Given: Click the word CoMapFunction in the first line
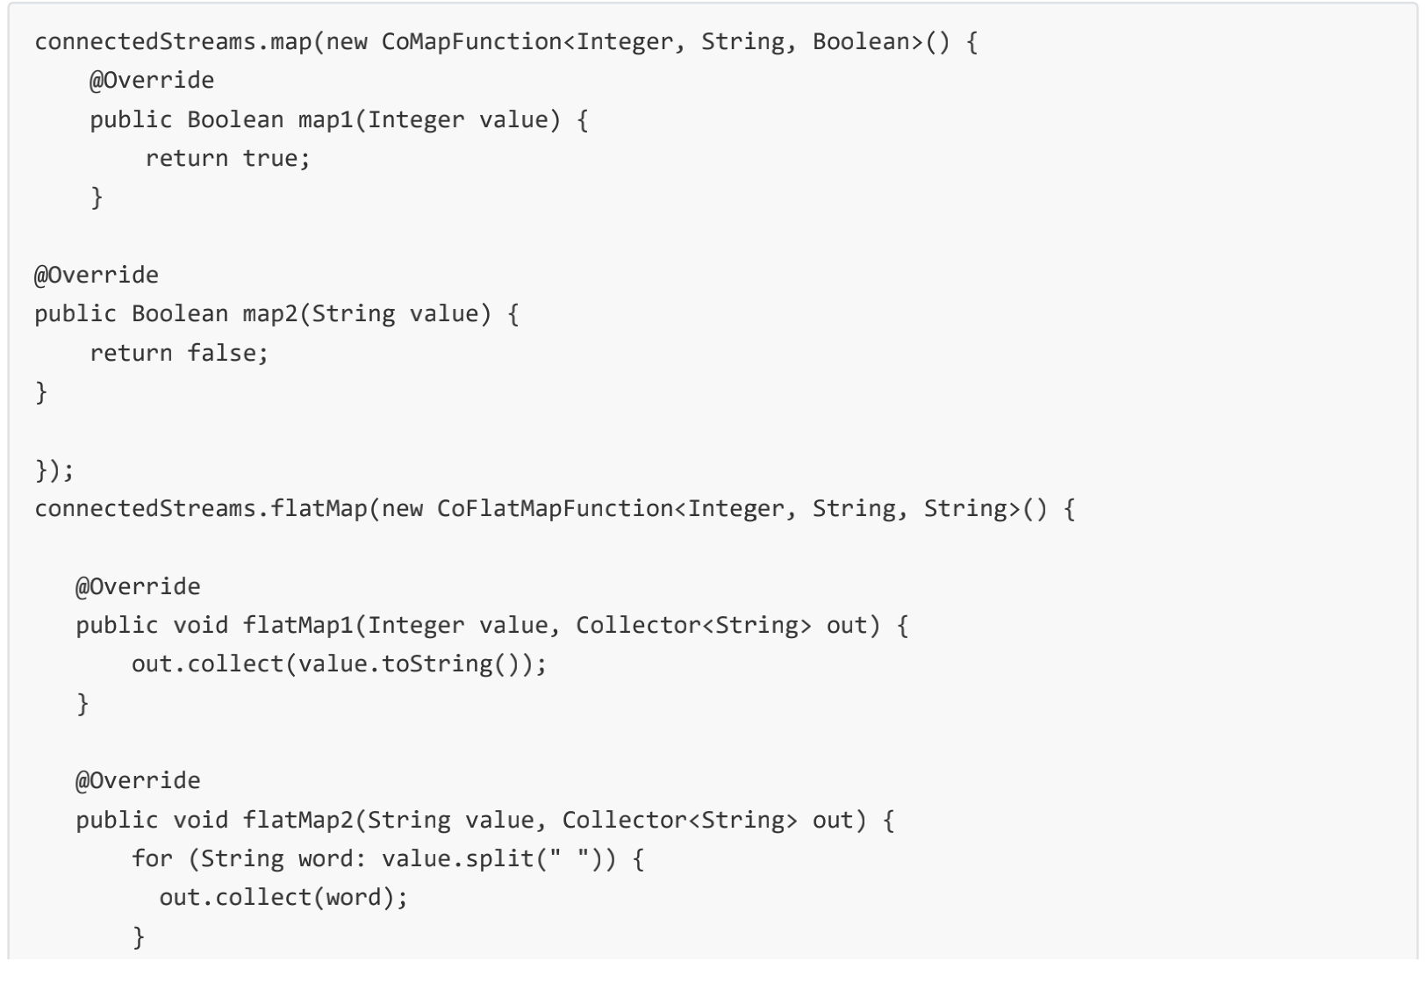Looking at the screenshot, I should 471,42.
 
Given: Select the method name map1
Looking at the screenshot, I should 326,119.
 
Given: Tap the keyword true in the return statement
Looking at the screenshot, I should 270,159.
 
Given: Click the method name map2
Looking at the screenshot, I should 270,314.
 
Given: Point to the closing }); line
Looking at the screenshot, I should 54,470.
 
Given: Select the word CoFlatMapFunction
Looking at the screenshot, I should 555,509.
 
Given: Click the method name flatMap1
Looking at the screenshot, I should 298,626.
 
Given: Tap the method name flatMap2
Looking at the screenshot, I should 298,821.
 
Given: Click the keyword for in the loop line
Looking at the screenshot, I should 152,858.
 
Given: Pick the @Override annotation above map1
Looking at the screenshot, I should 152,81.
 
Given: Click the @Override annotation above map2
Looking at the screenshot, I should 97,276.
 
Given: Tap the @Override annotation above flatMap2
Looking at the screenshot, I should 138,781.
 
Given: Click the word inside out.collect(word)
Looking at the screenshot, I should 354,898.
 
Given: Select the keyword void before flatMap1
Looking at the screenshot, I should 200,626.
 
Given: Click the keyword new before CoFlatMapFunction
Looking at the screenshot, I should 402,509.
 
